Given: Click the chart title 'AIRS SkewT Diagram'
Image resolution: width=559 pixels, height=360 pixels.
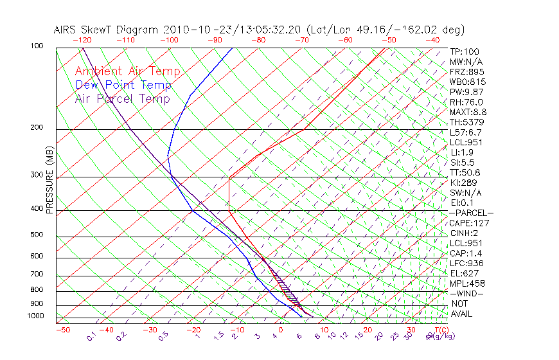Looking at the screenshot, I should pyautogui.click(x=107, y=30).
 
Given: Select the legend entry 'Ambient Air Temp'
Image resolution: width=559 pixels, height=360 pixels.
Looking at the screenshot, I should pyautogui.click(x=127, y=71).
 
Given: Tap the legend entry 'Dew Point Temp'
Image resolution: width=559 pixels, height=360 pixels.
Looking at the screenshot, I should pyautogui.click(x=123, y=85).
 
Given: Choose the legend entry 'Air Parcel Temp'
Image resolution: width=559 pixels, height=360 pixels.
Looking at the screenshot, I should pyautogui.click(x=122, y=98).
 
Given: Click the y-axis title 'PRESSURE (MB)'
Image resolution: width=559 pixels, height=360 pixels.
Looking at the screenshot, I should pyautogui.click(x=49, y=181).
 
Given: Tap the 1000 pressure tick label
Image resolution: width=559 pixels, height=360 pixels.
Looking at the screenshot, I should pyautogui.click(x=36, y=316).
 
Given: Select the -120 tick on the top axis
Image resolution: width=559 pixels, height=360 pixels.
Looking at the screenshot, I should pyautogui.click(x=81, y=40).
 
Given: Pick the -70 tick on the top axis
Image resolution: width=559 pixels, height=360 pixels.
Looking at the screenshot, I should pyautogui.click(x=301, y=40).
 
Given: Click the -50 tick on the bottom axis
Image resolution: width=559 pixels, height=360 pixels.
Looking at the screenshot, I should pyautogui.click(x=62, y=330).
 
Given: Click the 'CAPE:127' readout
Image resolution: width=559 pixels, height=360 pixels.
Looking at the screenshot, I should pyautogui.click(x=469, y=223).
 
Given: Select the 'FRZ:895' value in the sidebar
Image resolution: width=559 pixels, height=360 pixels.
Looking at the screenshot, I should pyautogui.click(x=466, y=72).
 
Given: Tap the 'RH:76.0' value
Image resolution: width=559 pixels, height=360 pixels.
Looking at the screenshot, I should pyautogui.click(x=466, y=102).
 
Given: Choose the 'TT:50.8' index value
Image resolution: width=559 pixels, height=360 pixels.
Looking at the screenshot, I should pyautogui.click(x=466, y=172).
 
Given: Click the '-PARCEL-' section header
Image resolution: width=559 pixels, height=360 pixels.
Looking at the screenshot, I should pyautogui.click(x=471, y=213).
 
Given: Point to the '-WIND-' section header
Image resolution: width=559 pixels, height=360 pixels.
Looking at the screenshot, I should pyautogui.click(x=467, y=293).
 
